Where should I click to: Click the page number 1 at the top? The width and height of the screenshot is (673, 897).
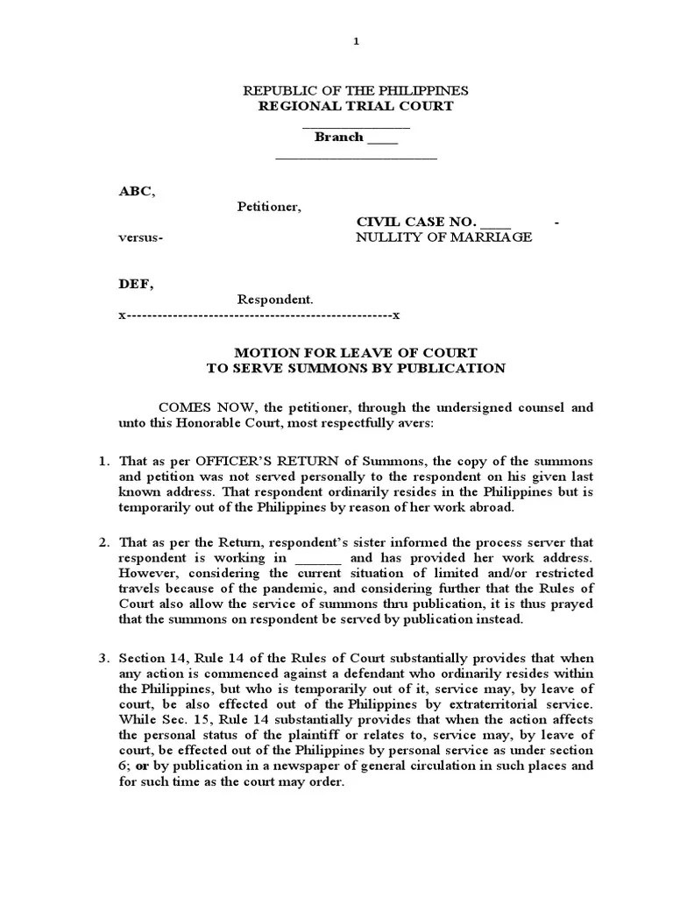[356, 41]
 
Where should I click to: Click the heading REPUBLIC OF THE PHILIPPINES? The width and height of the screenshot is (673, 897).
[355, 91]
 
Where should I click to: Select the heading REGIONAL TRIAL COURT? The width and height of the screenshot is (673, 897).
[355, 106]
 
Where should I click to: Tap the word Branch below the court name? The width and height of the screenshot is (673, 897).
[338, 137]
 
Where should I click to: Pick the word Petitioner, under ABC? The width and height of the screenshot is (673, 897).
[269, 207]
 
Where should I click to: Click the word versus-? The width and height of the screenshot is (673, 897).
[140, 237]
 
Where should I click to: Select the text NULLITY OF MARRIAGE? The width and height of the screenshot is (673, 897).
[443, 237]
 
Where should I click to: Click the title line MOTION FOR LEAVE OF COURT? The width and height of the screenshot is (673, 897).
[356, 353]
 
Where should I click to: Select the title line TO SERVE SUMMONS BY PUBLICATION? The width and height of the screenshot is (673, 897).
[356, 368]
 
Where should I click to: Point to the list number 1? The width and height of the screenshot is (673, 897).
[103, 461]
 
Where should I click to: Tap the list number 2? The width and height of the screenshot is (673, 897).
[103, 542]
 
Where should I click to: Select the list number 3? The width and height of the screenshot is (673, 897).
[103, 658]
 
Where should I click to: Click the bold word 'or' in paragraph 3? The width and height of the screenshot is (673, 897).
[138, 766]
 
